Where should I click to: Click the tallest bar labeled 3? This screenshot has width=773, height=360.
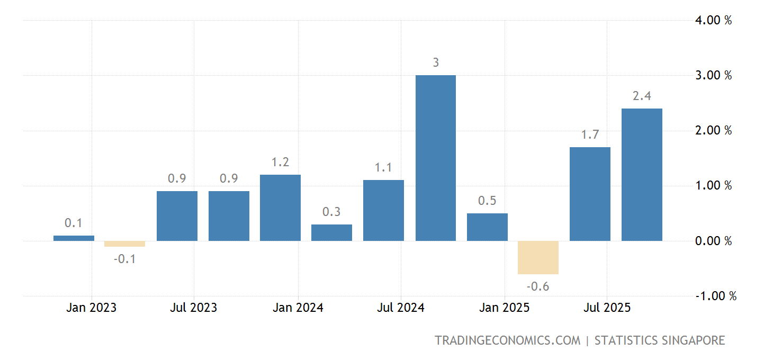[435, 158]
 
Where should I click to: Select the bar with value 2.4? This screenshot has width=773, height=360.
[642, 175]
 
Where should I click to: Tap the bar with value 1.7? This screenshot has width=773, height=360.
[590, 194]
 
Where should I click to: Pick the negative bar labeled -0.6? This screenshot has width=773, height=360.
[538, 257]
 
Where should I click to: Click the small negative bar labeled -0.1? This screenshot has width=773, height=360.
[124, 244]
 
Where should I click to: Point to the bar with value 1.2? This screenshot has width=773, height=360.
[280, 208]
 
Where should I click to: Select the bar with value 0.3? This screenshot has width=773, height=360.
[331, 232]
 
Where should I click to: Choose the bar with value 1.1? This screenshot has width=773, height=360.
[383, 210]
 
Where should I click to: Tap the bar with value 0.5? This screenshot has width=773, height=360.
[487, 227]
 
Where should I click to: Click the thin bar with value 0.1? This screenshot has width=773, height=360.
[74, 238]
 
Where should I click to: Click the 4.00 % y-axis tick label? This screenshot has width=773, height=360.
[713, 20]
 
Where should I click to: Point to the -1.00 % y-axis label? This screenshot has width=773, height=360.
[715, 296]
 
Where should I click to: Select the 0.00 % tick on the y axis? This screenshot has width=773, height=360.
[713, 241]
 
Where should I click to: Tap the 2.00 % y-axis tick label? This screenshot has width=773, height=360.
[713, 130]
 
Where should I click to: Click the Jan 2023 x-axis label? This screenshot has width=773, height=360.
[91, 308]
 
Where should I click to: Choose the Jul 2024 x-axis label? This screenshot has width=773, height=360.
[400, 308]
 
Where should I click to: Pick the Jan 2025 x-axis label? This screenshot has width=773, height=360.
[504, 308]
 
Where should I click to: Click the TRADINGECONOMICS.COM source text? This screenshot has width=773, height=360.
[507, 340]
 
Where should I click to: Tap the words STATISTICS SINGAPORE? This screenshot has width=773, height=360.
[659, 340]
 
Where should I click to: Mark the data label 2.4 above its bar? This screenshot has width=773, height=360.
[642, 96]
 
